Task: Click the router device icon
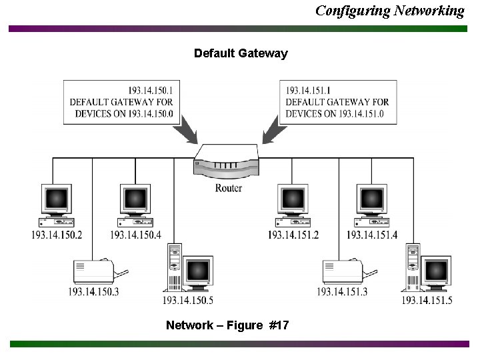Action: tap(227, 162)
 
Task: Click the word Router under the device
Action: tap(229, 188)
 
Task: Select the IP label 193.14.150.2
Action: tap(57, 235)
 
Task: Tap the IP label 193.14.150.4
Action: tap(135, 235)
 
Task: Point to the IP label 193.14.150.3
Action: tap(93, 291)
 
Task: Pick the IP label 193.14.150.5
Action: tap(188, 301)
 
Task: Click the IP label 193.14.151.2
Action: tap(293, 235)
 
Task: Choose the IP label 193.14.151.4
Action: tap(372, 235)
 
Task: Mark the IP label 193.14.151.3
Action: tap(342, 291)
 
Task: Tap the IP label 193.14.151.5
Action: tap(427, 301)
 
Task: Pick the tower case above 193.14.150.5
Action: tap(174, 267)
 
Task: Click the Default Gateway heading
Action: tap(241, 53)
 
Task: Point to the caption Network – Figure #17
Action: tap(227, 325)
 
